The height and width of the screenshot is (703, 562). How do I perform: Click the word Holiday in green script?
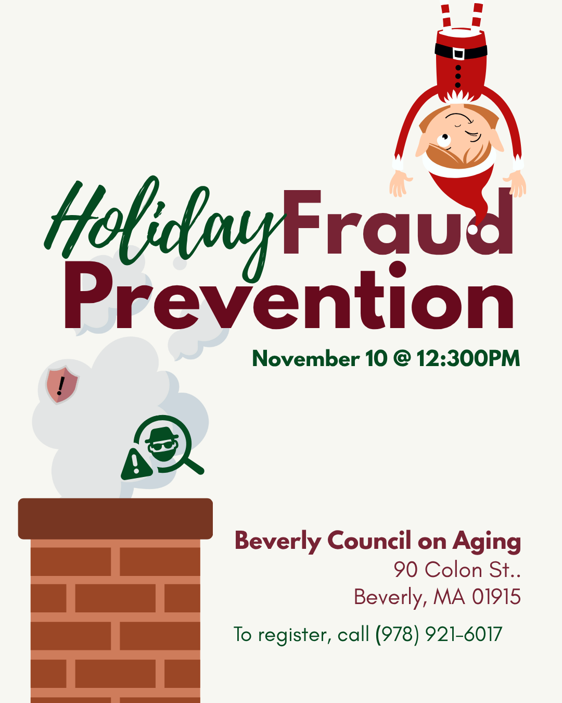click(x=165, y=229)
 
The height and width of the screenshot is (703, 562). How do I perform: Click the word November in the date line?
click(x=305, y=359)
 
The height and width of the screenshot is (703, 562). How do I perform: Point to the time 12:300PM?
click(x=468, y=359)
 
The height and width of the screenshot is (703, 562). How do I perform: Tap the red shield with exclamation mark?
click(x=62, y=385)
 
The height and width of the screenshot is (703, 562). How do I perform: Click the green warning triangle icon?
click(x=136, y=465)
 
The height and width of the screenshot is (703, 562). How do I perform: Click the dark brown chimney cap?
click(x=116, y=519)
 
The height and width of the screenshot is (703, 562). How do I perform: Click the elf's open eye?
click(x=444, y=140)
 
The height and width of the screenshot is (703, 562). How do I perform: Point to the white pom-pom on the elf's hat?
click(x=472, y=230)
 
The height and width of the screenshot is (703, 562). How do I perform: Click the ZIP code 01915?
click(x=496, y=597)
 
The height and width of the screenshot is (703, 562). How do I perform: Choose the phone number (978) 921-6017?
click(x=439, y=635)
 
